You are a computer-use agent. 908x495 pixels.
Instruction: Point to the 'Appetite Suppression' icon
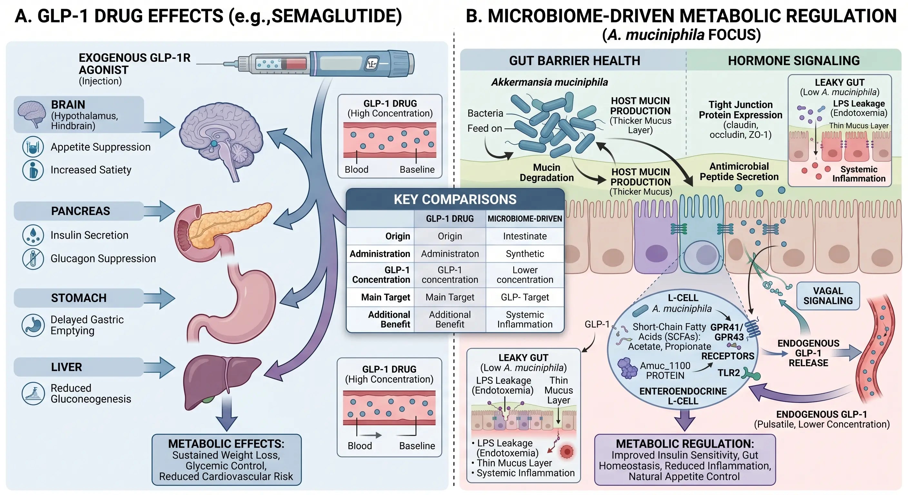click(x=33, y=147)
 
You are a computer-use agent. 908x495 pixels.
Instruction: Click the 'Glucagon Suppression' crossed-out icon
click(x=33, y=258)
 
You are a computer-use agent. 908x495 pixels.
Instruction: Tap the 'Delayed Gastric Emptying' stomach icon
click(x=33, y=325)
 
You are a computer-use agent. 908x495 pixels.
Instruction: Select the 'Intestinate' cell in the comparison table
click(x=525, y=236)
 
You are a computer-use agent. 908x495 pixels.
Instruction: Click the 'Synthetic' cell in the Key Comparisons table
click(x=525, y=254)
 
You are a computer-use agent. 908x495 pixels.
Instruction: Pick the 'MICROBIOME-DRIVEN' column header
click(x=525, y=219)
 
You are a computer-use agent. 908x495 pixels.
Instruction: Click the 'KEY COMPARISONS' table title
click(x=455, y=199)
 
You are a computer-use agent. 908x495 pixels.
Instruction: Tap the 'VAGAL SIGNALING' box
click(x=828, y=296)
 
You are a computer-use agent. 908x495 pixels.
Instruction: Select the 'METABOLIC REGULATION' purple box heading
click(x=685, y=443)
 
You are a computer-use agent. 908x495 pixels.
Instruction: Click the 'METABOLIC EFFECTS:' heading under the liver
click(x=226, y=443)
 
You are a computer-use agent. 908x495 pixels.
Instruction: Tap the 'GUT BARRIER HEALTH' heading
click(x=574, y=61)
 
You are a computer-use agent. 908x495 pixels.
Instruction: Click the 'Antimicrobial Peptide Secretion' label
click(x=739, y=171)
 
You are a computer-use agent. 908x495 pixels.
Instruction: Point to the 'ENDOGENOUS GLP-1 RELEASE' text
click(x=808, y=353)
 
